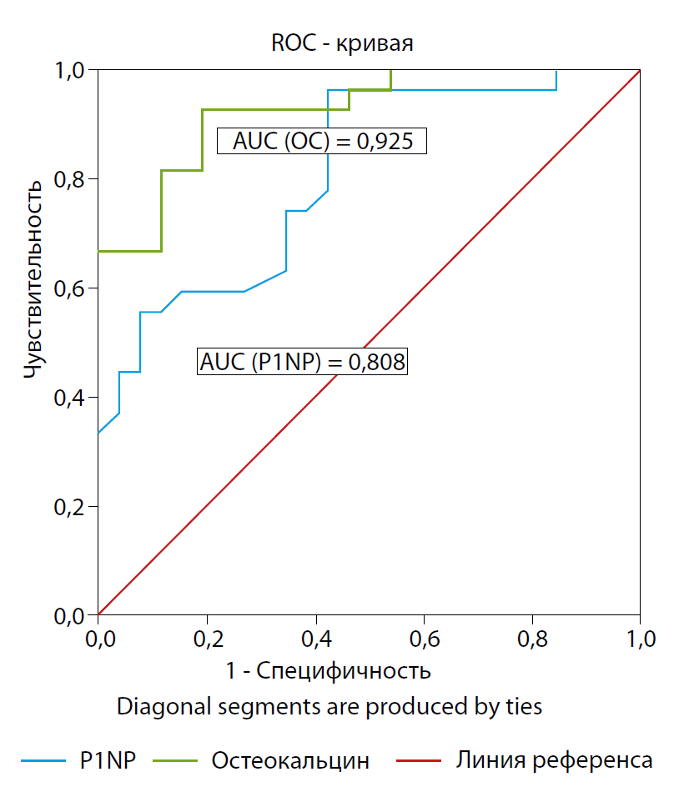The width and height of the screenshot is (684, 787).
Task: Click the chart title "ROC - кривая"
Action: click(342, 43)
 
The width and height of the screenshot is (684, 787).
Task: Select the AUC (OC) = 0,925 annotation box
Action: click(322, 141)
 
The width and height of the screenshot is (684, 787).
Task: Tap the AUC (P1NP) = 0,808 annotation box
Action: click(303, 363)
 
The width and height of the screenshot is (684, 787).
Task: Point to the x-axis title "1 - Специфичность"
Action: click(328, 670)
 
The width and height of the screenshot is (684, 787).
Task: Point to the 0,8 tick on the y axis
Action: click(70, 179)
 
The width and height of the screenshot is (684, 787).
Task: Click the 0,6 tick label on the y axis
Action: click(70, 288)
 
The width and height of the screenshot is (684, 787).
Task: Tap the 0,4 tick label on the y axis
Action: click(70, 398)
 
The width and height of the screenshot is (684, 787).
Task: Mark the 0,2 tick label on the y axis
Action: click(70, 507)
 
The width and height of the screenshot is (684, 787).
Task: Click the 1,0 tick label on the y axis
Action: click(70, 70)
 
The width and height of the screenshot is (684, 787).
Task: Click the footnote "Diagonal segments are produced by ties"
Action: click(329, 707)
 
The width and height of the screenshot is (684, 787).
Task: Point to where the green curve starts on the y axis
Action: click(98, 251)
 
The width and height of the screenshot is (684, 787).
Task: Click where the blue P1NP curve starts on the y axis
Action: click(98, 434)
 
